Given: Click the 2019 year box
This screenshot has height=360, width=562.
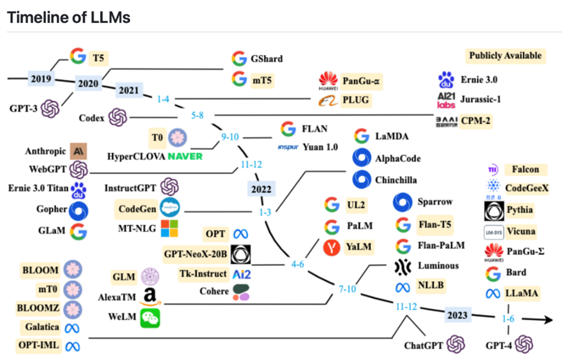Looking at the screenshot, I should point(41,79).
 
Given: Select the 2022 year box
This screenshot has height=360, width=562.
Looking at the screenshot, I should point(261,189).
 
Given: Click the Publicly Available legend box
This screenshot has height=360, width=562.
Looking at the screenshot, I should point(505,56).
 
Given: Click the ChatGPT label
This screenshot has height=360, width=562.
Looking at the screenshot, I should point(424,345).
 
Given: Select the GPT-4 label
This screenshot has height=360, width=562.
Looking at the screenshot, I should point(499,345).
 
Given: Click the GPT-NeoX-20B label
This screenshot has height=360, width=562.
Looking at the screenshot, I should point(195,254).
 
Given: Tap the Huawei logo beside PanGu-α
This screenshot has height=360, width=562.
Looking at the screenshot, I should point(329,81).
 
